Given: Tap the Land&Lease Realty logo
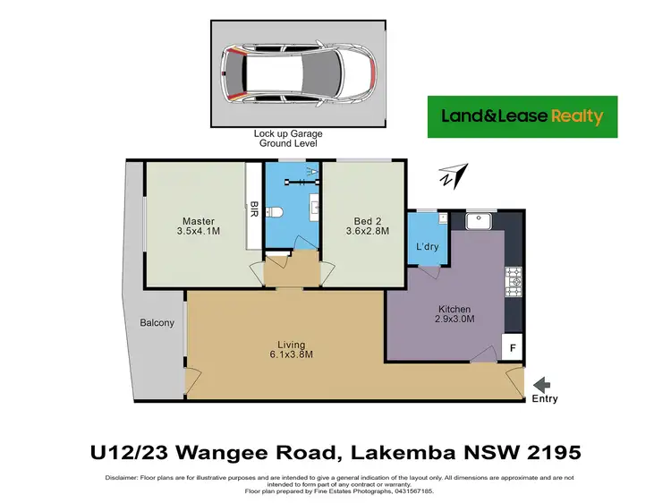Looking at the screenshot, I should [522, 116].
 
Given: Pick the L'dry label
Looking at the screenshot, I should [427, 246].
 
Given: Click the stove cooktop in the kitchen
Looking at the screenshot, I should [514, 283].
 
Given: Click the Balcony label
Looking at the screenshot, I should [157, 323].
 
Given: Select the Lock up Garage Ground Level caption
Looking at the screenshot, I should [288, 138].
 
